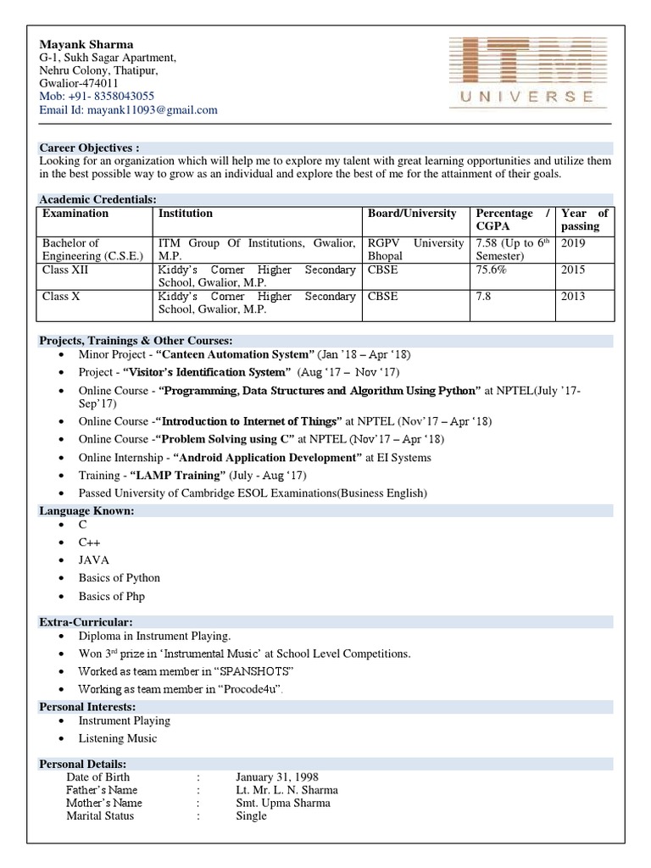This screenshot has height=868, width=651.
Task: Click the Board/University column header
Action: pyautogui.click(x=412, y=214)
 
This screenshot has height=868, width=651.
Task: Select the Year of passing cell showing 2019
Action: pyautogui.click(x=572, y=243)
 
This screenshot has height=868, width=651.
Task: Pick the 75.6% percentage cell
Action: pyautogui.click(x=492, y=270)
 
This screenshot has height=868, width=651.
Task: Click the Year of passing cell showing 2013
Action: pyautogui.click(x=572, y=297)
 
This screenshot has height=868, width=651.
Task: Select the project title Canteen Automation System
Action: pyautogui.click(x=232, y=354)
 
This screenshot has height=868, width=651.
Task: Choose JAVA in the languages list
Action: pyautogui.click(x=93, y=560)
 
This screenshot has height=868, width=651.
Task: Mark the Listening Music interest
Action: pyautogui.click(x=118, y=738)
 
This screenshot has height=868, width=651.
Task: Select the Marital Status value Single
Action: pyautogui.click(x=251, y=815)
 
